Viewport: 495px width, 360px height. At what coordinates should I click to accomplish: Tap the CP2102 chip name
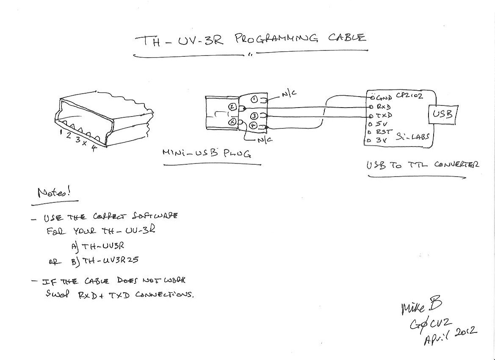409,97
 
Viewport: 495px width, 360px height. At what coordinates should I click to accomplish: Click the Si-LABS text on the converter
412,137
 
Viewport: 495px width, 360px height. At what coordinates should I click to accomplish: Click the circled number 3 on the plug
254,116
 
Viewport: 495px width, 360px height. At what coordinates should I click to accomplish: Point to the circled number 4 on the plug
253,126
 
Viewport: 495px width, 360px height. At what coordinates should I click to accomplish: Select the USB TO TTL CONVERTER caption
423,164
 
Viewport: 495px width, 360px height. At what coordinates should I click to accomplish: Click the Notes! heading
54,193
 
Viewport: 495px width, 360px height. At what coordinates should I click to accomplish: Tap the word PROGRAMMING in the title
276,39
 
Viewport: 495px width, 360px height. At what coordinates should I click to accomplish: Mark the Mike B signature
421,306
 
